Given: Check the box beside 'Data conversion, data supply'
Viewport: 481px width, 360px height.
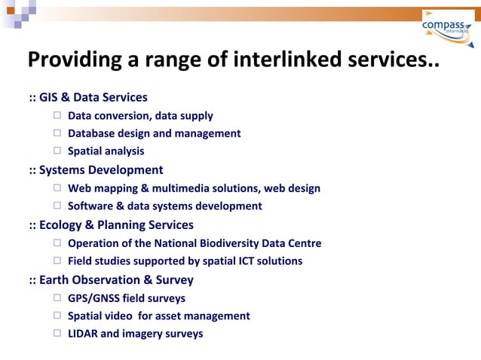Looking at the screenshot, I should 58,116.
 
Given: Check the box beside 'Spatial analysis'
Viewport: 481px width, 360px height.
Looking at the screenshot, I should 58,151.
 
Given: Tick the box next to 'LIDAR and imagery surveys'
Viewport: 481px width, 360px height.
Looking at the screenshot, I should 58,334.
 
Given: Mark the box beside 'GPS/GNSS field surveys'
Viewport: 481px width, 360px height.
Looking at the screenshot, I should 58,298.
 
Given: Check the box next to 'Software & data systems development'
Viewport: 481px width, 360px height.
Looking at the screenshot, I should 58,206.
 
